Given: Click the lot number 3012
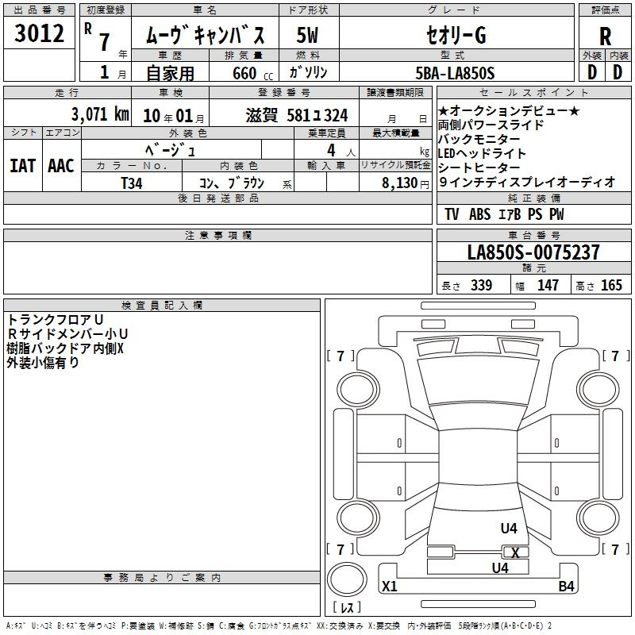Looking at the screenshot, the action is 39,33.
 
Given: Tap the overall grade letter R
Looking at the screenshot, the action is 605,37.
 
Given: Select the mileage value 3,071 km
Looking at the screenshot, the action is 101,114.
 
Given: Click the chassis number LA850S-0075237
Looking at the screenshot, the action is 533,252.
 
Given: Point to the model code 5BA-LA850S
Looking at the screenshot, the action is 455,73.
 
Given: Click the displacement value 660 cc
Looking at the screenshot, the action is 252,74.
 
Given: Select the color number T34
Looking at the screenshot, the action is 132,183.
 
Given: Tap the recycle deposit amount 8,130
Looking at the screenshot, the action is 400,183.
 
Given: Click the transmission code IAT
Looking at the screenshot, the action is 23,166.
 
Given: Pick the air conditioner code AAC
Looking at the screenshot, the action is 61,166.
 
